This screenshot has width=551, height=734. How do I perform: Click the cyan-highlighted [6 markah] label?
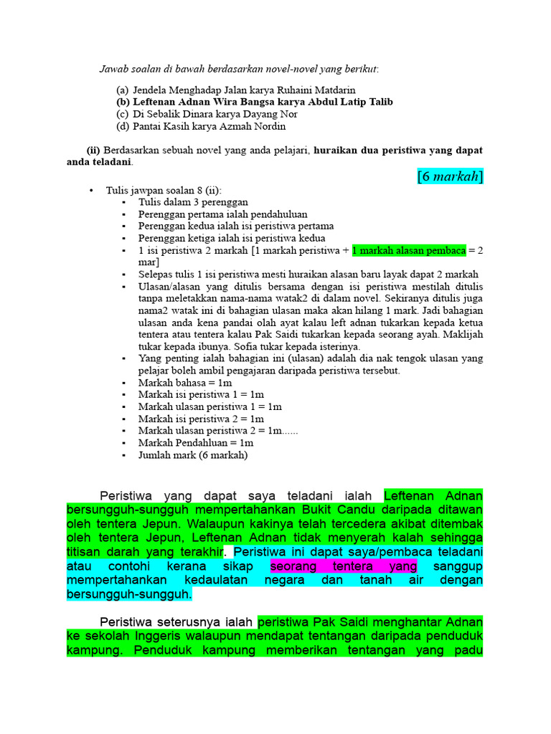pos(450,176)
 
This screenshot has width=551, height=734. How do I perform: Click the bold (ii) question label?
pos(93,151)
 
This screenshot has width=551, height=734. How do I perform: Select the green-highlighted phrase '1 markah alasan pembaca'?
pos(409,249)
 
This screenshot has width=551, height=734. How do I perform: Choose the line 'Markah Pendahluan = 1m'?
pos(196,443)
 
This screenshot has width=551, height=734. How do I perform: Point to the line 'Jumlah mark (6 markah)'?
pos(193,455)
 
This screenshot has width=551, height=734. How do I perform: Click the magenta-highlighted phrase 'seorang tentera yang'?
pos(343,566)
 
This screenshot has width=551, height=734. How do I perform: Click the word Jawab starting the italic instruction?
pos(113,69)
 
